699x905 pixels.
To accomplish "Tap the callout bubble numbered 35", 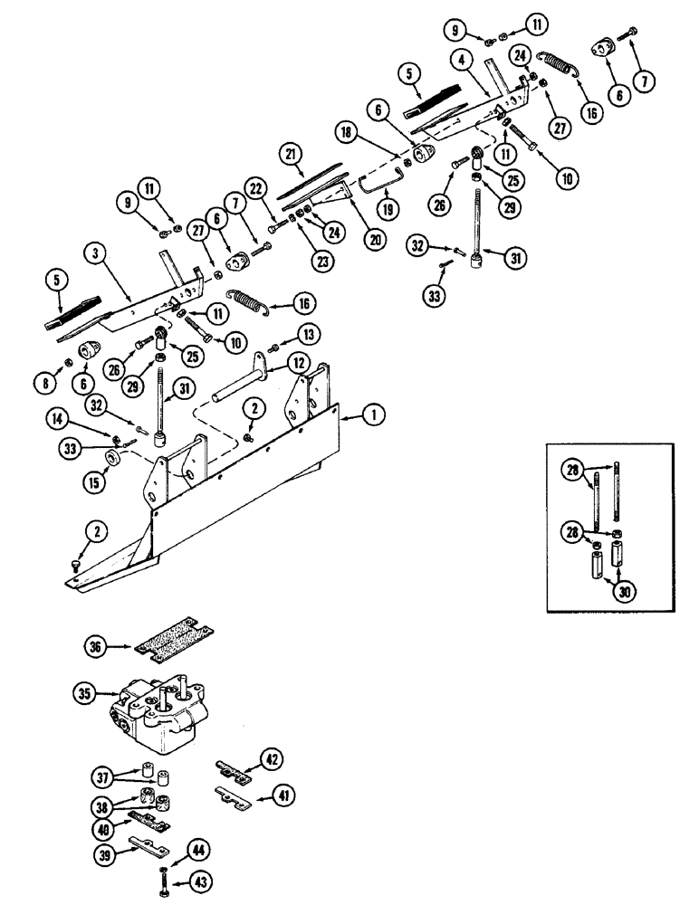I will click(x=83, y=695).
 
